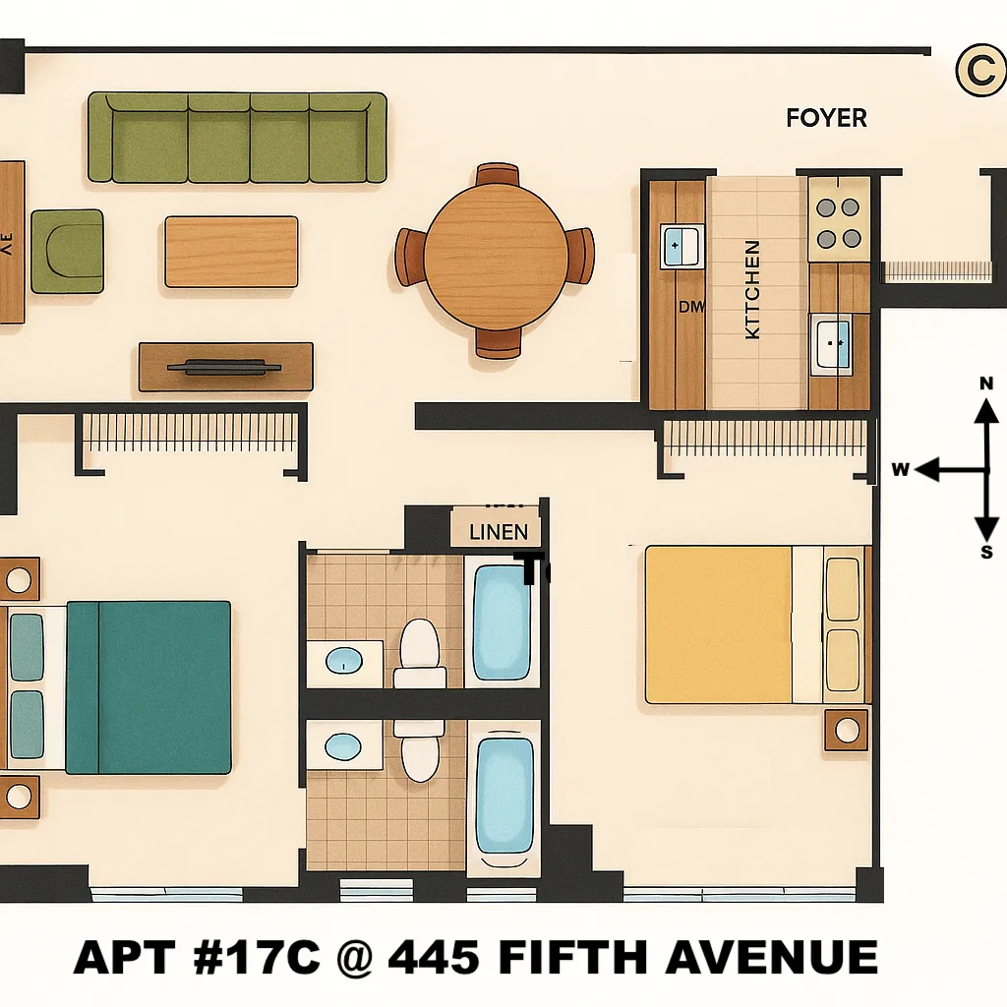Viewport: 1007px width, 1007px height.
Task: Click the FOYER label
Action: tap(826, 118)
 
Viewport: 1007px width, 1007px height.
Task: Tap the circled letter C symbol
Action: tap(979, 72)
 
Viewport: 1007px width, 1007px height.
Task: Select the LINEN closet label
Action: tap(499, 532)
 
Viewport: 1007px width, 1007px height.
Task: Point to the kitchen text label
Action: tap(753, 290)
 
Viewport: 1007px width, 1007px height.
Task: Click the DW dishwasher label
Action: tap(691, 307)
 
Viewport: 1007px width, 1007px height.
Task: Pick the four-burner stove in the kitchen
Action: tap(838, 223)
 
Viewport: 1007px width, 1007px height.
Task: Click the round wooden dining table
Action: tap(496, 259)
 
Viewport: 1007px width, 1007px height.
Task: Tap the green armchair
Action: tap(67, 251)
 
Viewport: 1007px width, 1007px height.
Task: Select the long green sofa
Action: tap(237, 138)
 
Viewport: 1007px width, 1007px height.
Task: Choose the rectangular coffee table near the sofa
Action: tap(231, 252)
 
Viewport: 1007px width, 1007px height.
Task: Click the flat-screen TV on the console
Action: tap(224, 368)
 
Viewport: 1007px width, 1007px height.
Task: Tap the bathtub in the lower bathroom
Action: tap(504, 796)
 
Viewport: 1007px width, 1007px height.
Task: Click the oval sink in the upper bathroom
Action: tap(343, 660)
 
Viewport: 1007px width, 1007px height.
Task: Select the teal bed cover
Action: tap(149, 687)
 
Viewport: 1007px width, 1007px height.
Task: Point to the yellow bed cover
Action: tap(719, 624)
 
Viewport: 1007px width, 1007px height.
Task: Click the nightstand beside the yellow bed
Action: tap(846, 730)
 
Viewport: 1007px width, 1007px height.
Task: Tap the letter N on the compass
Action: tap(986, 384)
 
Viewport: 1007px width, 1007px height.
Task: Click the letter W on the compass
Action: tap(899, 470)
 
